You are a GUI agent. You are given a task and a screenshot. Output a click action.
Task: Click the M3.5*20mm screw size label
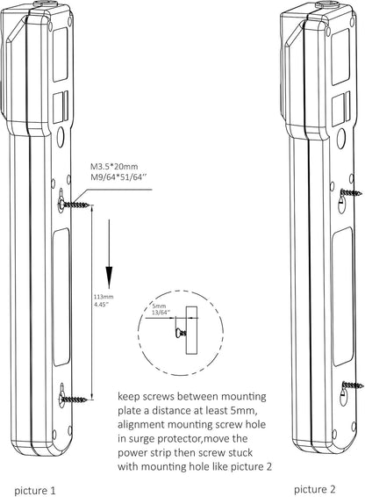[114, 167]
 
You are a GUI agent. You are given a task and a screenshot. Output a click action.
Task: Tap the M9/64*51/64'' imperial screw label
[119, 176]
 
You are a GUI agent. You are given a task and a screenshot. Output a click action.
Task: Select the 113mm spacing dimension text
[104, 297]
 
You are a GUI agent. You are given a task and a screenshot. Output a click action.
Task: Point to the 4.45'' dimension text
[102, 304]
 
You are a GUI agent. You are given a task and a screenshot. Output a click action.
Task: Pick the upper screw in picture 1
[74, 204]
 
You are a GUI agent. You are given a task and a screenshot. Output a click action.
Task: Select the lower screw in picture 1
[74, 399]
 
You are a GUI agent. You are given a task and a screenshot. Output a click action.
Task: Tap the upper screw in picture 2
[351, 192]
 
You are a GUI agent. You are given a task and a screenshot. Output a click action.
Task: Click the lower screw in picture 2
[353, 385]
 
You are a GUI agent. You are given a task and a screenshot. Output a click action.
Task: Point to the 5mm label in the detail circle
[159, 306]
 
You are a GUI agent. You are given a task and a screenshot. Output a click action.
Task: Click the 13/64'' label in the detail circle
[161, 312]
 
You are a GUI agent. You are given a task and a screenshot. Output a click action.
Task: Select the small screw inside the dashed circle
[181, 333]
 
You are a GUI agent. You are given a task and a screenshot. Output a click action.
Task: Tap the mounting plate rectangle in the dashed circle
[191, 330]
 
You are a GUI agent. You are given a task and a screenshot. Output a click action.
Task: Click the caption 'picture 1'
[35, 490]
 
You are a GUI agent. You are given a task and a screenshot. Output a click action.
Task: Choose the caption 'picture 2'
[315, 489]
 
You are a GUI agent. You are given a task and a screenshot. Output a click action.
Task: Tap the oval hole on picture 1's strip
[61, 135]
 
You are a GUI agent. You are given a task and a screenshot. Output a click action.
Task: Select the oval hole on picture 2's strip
[341, 139]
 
